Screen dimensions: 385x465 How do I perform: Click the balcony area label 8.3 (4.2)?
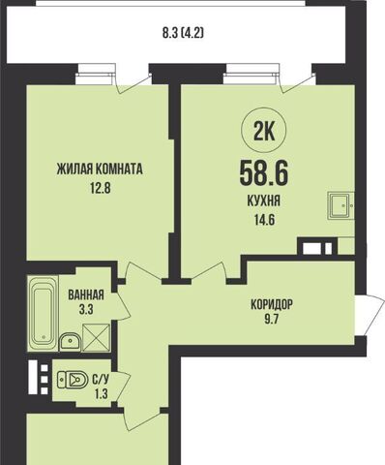pyautogui.click(x=183, y=33)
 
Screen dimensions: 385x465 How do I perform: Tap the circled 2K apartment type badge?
pyautogui.click(x=264, y=133)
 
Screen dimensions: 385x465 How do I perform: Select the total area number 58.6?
pyautogui.click(x=263, y=173)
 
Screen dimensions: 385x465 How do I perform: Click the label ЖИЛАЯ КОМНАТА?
pyautogui.click(x=100, y=169)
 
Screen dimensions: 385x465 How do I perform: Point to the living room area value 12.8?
pyautogui.click(x=100, y=188)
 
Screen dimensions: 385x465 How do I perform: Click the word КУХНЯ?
pyautogui.click(x=263, y=201)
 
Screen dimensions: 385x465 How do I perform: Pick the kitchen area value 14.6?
pyautogui.click(x=264, y=221)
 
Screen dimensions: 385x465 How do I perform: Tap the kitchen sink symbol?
pyautogui.click(x=341, y=205)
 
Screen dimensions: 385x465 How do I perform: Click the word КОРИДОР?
pyautogui.click(x=272, y=304)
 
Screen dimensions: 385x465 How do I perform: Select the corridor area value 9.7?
pyautogui.click(x=272, y=321)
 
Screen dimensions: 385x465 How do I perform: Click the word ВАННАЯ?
pyautogui.click(x=86, y=294)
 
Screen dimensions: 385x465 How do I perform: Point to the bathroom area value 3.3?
pyautogui.click(x=86, y=310)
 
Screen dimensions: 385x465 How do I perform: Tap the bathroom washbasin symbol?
pyautogui.click(x=70, y=342)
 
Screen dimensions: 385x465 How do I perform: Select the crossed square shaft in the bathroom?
pyautogui.click(x=96, y=338)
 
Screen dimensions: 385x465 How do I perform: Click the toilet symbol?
pyautogui.click(x=73, y=380)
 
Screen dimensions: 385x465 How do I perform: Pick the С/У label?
pyautogui.click(x=101, y=380)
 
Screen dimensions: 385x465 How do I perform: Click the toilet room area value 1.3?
pyautogui.click(x=101, y=394)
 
